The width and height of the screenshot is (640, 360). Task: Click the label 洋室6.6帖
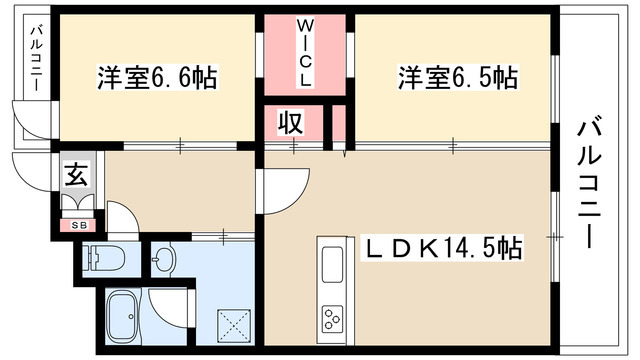158,76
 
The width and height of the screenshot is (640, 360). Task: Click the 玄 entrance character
76,176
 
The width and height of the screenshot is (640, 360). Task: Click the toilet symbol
103,257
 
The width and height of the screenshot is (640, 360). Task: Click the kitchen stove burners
331,320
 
